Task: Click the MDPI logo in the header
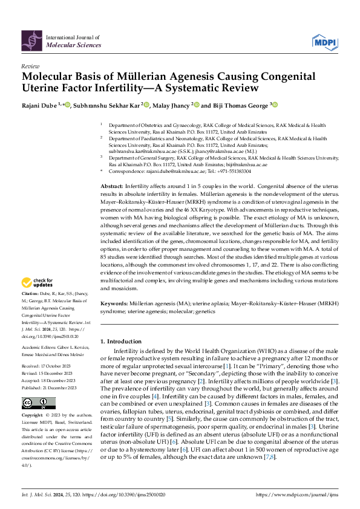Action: (x=325, y=41)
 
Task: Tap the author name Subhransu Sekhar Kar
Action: (x=107, y=105)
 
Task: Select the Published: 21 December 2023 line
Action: (x=48, y=387)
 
